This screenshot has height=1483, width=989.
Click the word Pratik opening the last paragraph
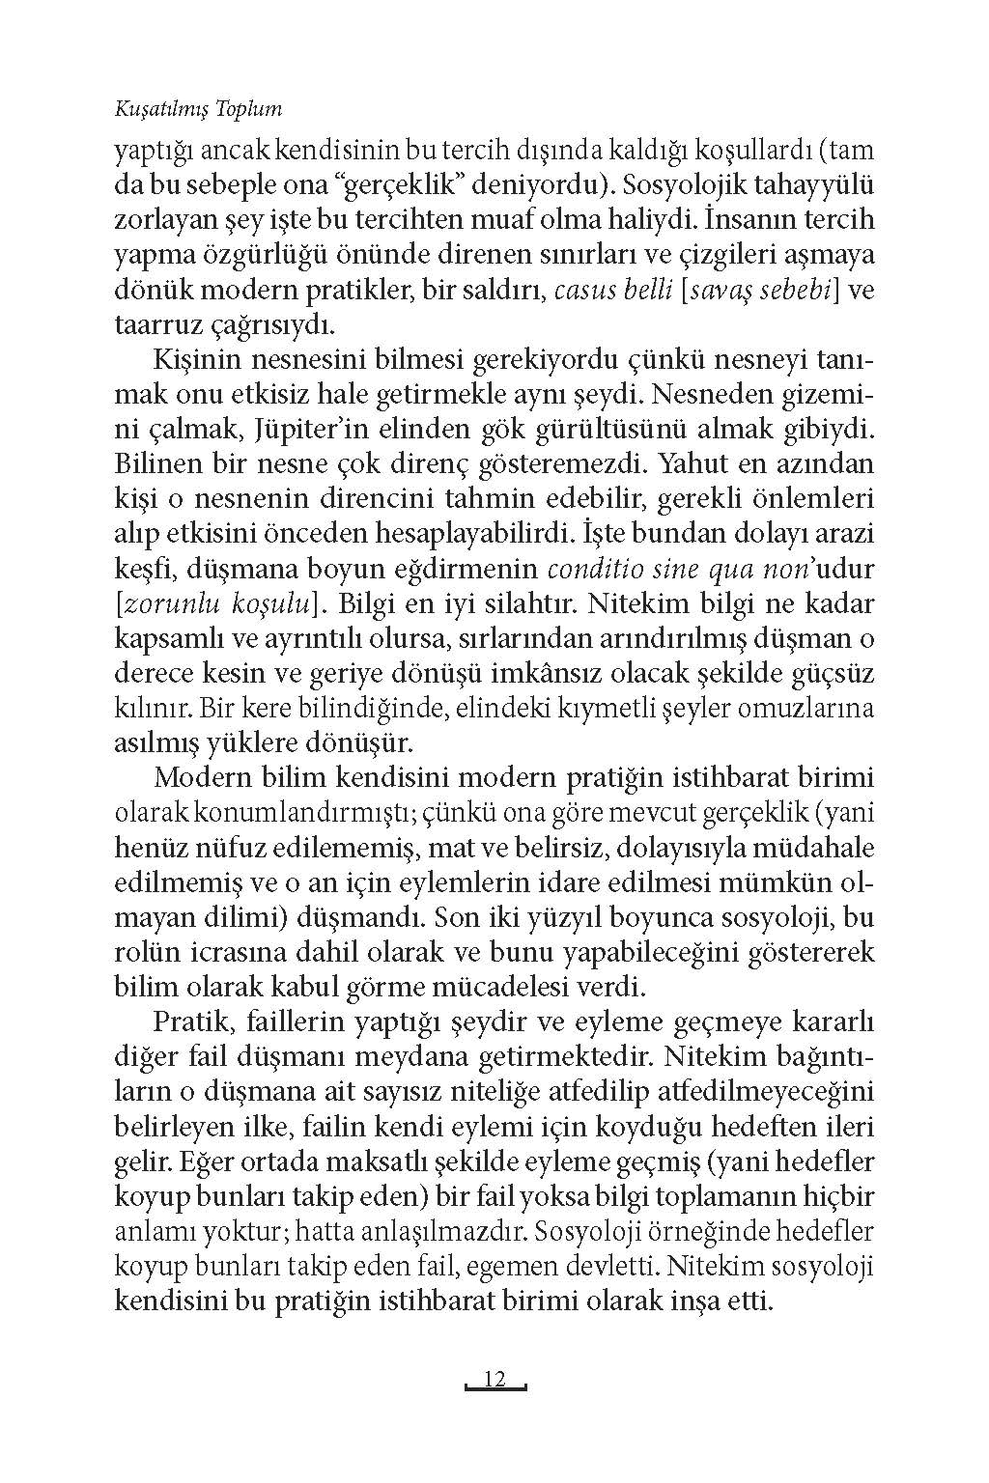coord(184,1021)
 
